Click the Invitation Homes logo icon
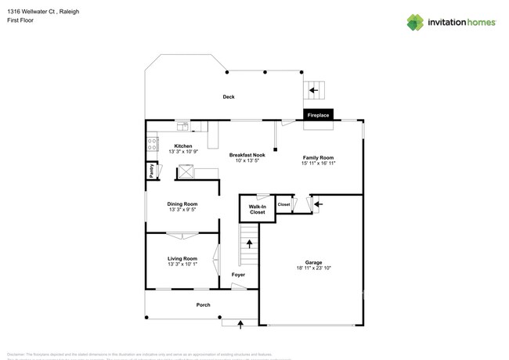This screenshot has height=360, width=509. click(x=414, y=22)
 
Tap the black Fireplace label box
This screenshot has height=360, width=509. click(x=318, y=115)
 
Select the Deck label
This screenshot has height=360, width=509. click(x=229, y=97)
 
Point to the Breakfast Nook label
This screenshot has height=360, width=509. click(x=247, y=155)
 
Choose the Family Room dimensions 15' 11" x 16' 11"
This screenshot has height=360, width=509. click(x=318, y=163)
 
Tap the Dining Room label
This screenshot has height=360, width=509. click(x=182, y=204)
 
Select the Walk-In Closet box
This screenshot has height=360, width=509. click(x=257, y=209)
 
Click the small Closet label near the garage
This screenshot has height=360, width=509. click(x=283, y=204)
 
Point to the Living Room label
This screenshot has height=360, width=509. click(x=182, y=258)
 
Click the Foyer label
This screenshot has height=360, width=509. click(x=238, y=275)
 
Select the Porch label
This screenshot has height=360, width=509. click(x=203, y=305)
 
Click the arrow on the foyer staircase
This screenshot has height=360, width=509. click(x=250, y=243)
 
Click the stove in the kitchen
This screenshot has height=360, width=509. click(x=152, y=144)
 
